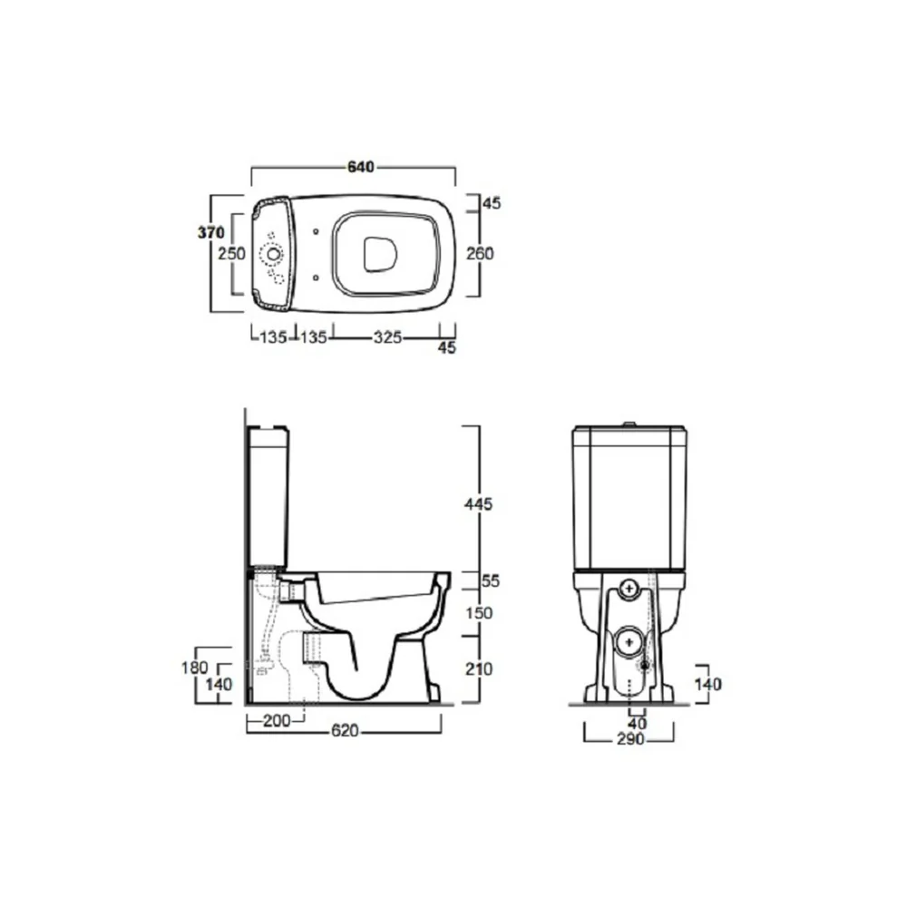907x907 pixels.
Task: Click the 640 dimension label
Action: point(361,167)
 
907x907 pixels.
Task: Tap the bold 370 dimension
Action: point(211,232)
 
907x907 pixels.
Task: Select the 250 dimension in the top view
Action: point(231,253)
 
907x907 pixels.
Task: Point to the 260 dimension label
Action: point(480,253)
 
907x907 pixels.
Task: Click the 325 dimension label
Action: point(387,336)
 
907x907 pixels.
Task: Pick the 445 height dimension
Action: point(478,503)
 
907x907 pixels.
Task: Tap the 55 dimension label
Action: point(490,580)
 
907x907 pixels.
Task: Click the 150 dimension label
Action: point(479,613)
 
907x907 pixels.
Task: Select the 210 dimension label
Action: point(479,669)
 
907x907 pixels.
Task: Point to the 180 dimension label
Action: point(194,668)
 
